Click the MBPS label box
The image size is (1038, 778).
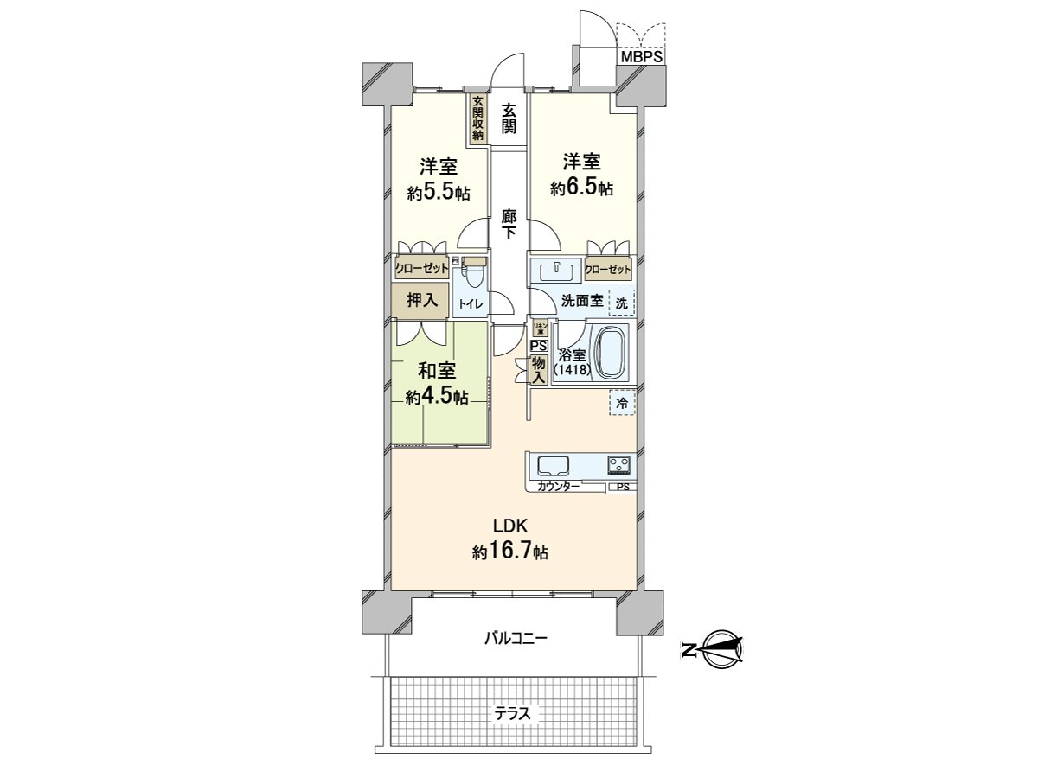coord(641,57)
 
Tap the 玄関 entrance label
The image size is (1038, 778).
coord(509,118)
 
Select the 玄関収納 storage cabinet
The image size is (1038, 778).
coord(477,118)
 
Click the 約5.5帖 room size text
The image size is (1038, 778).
coord(439,193)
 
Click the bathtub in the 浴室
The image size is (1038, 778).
coord(611,352)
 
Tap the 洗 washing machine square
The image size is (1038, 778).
coord(621,303)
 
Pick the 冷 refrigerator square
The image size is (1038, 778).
coord(621,402)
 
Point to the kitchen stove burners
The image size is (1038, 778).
coord(618,465)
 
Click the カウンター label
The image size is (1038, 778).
coord(558,488)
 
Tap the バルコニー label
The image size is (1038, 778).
coord(515,639)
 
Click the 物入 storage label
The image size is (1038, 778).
coord(538,369)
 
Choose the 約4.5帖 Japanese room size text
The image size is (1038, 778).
coord(438,398)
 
